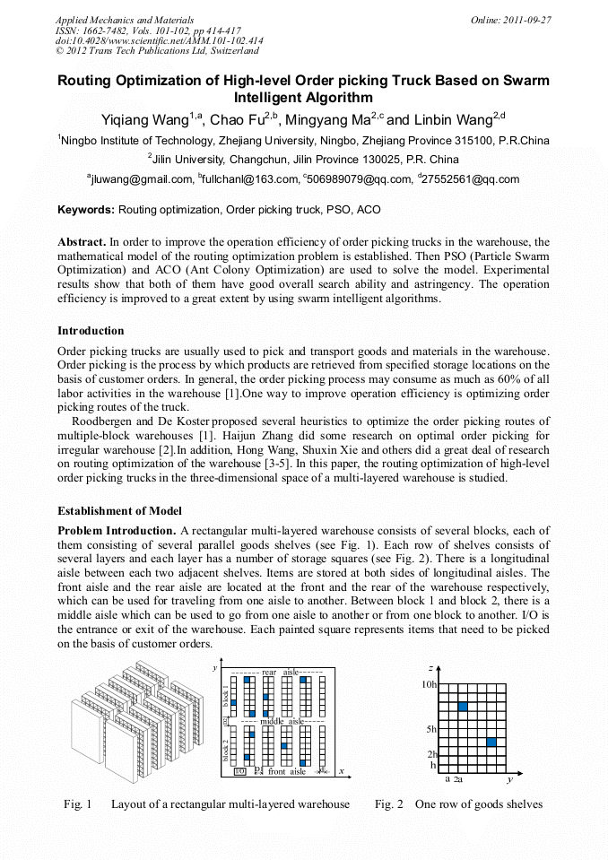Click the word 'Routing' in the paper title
pyautogui.click(x=87, y=81)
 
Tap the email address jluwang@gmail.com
pyautogui.click(x=140, y=179)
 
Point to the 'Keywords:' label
pyautogui.click(x=86, y=211)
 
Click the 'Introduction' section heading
pyautogui.click(x=91, y=331)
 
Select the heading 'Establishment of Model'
pyautogui.click(x=119, y=511)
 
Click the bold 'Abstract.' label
pyautogui.click(x=82, y=242)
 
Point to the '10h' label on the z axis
pyautogui.click(x=429, y=684)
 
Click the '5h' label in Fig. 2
pyautogui.click(x=431, y=729)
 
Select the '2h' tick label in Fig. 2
pyautogui.click(x=431, y=754)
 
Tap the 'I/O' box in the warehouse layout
pyautogui.click(x=239, y=770)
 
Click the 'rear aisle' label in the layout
pyautogui.click(x=280, y=672)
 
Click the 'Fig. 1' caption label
pyautogui.click(x=78, y=804)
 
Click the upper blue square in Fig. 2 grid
pyautogui.click(x=463, y=708)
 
